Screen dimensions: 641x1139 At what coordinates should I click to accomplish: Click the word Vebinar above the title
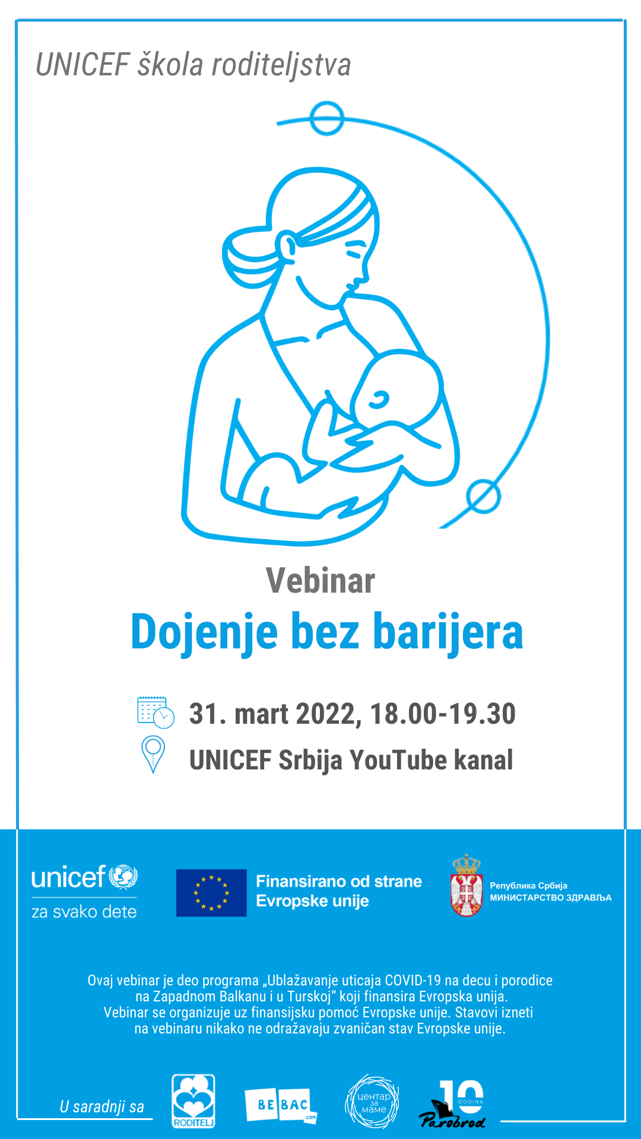tap(320, 580)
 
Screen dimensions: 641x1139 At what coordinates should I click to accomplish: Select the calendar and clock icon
tap(156, 712)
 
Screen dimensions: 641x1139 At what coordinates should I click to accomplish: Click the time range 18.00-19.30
tap(443, 714)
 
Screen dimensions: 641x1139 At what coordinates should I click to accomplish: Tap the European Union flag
tap(211, 893)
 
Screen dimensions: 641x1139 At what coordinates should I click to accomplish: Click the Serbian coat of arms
tap(467, 885)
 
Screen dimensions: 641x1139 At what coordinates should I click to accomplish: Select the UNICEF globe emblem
tap(123, 877)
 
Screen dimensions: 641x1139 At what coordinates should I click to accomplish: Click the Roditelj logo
tap(193, 1101)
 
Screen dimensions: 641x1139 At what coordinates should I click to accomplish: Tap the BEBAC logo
tap(281, 1105)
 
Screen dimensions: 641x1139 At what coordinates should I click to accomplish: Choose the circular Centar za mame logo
tap(373, 1102)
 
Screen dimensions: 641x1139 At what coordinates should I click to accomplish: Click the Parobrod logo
tap(452, 1104)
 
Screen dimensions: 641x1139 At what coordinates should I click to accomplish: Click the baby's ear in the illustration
tap(377, 400)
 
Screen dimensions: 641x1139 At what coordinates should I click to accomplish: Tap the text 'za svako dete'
tap(84, 912)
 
